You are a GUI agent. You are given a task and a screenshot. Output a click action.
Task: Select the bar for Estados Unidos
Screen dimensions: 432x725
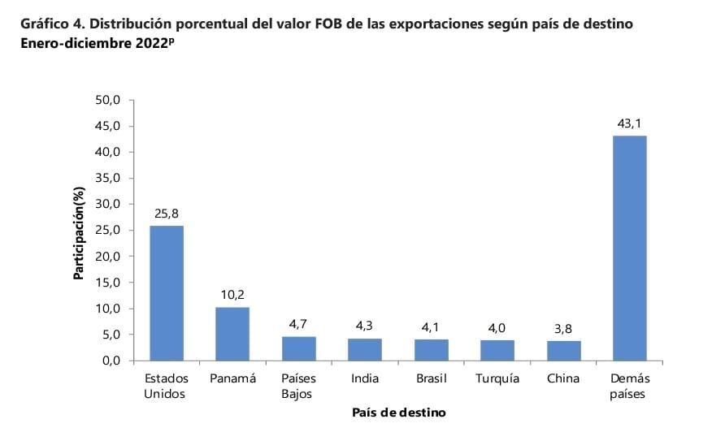167,292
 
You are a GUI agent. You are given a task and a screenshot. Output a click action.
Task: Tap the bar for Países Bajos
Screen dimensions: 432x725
298,348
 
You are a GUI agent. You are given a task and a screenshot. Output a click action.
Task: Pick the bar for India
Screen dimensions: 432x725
365,349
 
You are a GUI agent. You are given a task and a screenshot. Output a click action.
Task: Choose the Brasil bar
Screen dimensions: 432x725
431,349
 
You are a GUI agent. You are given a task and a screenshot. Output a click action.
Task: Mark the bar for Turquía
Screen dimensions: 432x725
497,350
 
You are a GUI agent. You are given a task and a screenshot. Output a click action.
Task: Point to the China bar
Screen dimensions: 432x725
563,350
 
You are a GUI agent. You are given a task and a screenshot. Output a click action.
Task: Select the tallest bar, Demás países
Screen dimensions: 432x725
629,248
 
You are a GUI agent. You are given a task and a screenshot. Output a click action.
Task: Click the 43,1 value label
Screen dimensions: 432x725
629,123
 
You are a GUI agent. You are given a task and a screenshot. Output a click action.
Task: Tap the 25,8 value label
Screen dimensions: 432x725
167,214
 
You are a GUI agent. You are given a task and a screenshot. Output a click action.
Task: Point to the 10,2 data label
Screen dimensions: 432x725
232,295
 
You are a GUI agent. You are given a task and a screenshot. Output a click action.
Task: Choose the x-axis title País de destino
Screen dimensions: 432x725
398,413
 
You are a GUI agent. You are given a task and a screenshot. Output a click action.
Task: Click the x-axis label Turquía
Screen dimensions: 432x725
497,379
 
